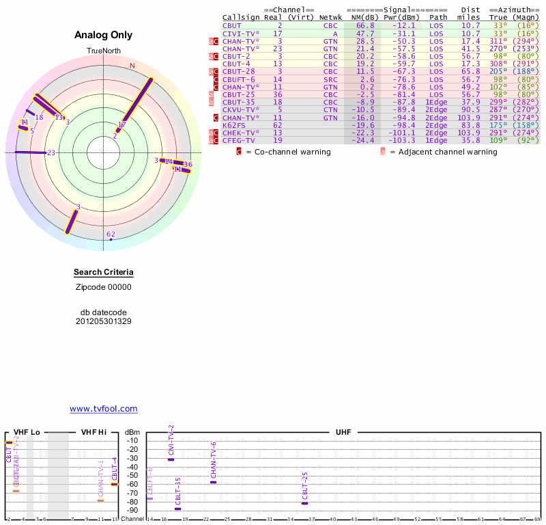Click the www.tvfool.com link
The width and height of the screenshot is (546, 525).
coord(104,409)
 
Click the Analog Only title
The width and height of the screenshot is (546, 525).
coord(103,35)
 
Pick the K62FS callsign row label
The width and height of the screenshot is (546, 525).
coord(233,125)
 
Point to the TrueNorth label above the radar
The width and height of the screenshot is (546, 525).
coord(103,51)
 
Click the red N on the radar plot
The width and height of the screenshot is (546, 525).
coord(132,66)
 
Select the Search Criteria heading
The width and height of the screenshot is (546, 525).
coord(104,273)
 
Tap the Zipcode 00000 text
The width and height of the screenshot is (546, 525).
coord(104,287)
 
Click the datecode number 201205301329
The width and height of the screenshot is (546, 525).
coord(104,321)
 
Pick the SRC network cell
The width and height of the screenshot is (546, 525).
coord(330,79)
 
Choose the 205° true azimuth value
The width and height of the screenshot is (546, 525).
coord(498,71)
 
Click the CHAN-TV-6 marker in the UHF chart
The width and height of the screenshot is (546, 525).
coord(213,482)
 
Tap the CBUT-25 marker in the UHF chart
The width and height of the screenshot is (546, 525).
coord(304,503)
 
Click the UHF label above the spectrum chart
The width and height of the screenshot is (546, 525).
coord(343,432)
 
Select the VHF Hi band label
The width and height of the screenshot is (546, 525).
coord(94,432)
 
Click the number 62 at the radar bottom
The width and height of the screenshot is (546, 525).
coord(111,234)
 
